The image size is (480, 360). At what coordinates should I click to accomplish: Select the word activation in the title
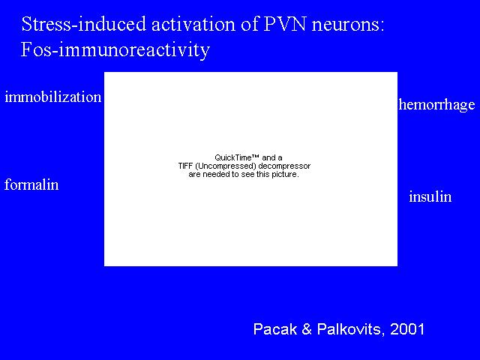(x=193, y=24)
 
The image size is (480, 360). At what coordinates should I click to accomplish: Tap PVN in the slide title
(x=284, y=24)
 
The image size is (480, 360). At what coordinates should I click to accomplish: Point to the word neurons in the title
(x=348, y=25)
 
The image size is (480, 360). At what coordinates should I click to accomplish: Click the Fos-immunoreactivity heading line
(x=115, y=49)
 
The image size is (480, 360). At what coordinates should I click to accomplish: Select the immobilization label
(x=53, y=97)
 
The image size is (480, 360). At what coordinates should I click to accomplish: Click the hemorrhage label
(x=436, y=105)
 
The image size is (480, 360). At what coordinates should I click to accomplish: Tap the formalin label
(x=31, y=184)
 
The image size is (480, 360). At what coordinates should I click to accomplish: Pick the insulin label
(x=430, y=196)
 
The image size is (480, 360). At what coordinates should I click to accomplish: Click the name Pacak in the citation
(x=275, y=329)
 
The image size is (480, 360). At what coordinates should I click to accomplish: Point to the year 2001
(x=407, y=329)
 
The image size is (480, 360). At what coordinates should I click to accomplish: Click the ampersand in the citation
(x=307, y=329)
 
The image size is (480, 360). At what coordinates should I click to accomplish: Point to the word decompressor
(x=284, y=166)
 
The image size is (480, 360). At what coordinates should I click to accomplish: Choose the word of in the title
(x=249, y=24)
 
